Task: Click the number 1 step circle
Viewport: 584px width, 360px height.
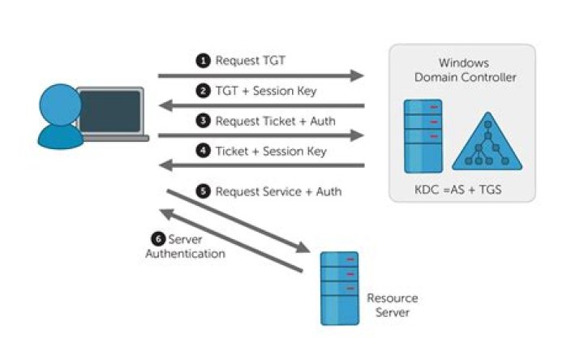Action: click(203, 61)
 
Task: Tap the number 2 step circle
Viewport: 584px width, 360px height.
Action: click(203, 91)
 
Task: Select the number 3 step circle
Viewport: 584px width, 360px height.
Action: click(203, 121)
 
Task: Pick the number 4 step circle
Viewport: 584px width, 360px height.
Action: click(203, 151)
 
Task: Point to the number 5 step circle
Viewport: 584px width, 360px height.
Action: click(203, 192)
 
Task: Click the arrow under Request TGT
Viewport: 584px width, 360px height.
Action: click(260, 76)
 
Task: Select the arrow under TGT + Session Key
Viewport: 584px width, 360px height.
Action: click(260, 105)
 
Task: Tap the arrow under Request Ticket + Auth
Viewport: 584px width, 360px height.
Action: click(260, 135)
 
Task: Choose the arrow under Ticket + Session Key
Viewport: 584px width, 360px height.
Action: click(260, 165)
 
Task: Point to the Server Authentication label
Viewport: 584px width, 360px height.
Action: click(186, 246)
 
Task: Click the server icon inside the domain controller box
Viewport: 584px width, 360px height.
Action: click(423, 135)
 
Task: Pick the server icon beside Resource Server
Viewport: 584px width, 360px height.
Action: click(339, 288)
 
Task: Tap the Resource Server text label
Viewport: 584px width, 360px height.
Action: click(393, 305)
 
